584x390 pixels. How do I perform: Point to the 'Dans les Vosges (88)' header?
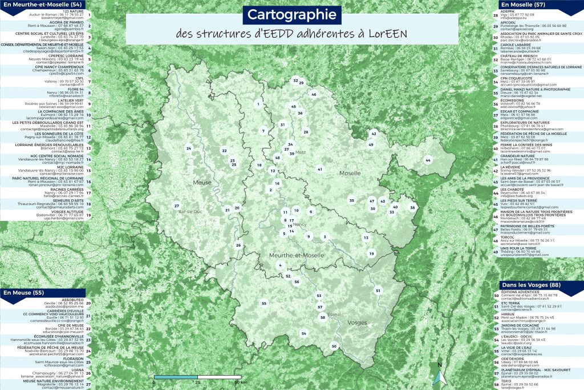coord(531,284)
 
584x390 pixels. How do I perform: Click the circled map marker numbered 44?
coord(428,161)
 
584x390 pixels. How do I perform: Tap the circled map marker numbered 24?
coord(188,148)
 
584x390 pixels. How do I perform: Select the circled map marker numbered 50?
coord(334,346)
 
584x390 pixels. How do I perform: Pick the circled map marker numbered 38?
coord(413,208)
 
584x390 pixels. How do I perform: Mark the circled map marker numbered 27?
coord(177,206)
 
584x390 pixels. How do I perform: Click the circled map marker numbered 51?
coord(378,291)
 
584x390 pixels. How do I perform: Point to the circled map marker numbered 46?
coord(313,94)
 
